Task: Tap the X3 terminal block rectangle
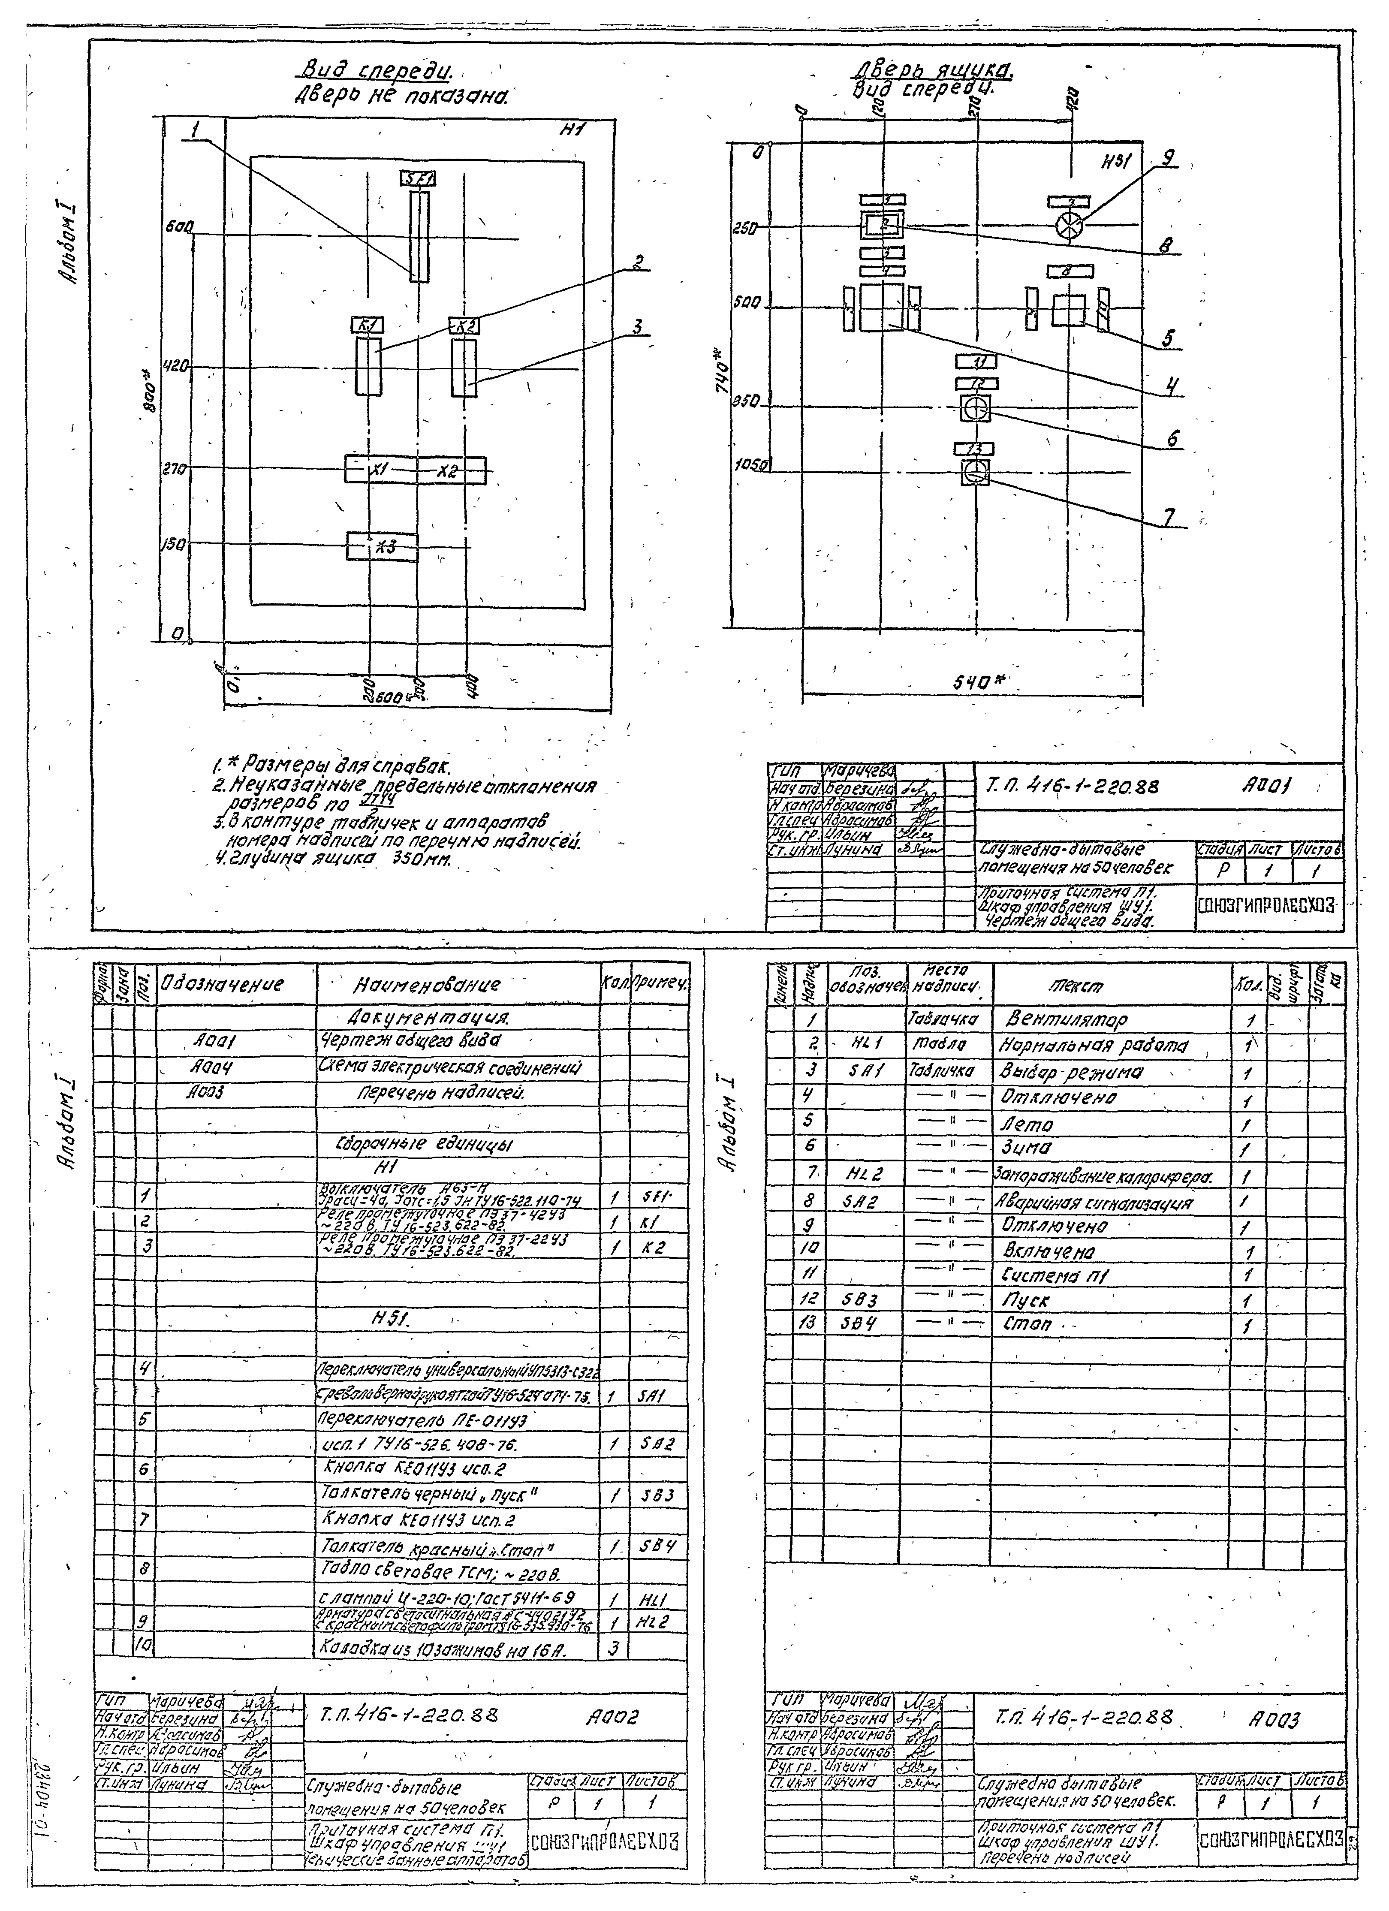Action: pos(382,546)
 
